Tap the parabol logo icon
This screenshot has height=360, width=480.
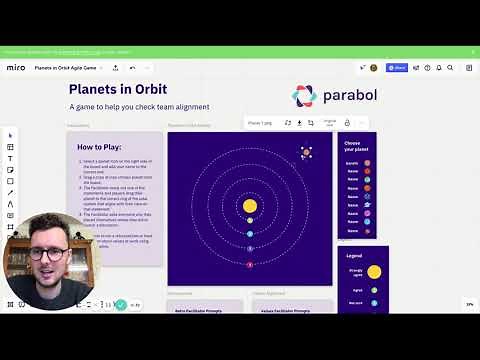click(x=304, y=96)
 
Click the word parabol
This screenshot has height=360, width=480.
click(x=349, y=96)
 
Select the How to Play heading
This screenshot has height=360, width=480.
click(x=100, y=147)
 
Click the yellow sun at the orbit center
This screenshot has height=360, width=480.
click(x=250, y=206)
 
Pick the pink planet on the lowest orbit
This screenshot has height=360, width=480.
click(x=250, y=265)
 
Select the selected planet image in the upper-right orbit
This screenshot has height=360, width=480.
click(x=306, y=152)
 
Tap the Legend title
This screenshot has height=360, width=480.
click(x=355, y=255)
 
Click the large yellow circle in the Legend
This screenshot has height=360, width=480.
click(x=374, y=271)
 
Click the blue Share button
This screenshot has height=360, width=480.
click(x=398, y=68)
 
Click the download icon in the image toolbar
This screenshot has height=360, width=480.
click(x=299, y=123)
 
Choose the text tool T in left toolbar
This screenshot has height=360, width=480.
click(x=10, y=158)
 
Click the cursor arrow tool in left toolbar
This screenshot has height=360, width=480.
click(x=10, y=135)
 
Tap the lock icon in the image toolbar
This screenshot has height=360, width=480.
click(x=347, y=123)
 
